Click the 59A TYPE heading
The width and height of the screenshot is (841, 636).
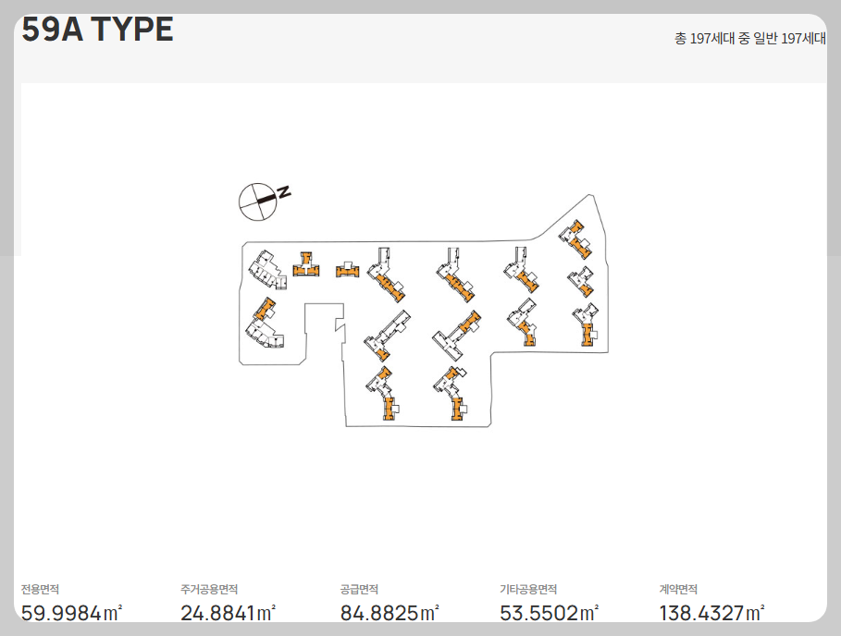coord(97,29)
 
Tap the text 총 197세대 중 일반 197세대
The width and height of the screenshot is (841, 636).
coord(749,39)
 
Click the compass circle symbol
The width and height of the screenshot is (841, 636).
coord(257,202)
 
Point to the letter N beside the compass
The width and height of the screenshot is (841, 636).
coord(284,191)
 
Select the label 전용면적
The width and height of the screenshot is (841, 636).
coord(40,590)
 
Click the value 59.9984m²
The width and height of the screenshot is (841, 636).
coord(72,612)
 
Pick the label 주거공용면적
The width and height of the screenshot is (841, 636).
coord(209,590)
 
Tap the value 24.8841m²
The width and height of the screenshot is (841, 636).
coord(228,612)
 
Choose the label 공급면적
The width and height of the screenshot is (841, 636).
coord(359,590)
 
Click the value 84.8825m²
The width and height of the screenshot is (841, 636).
coord(390,612)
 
